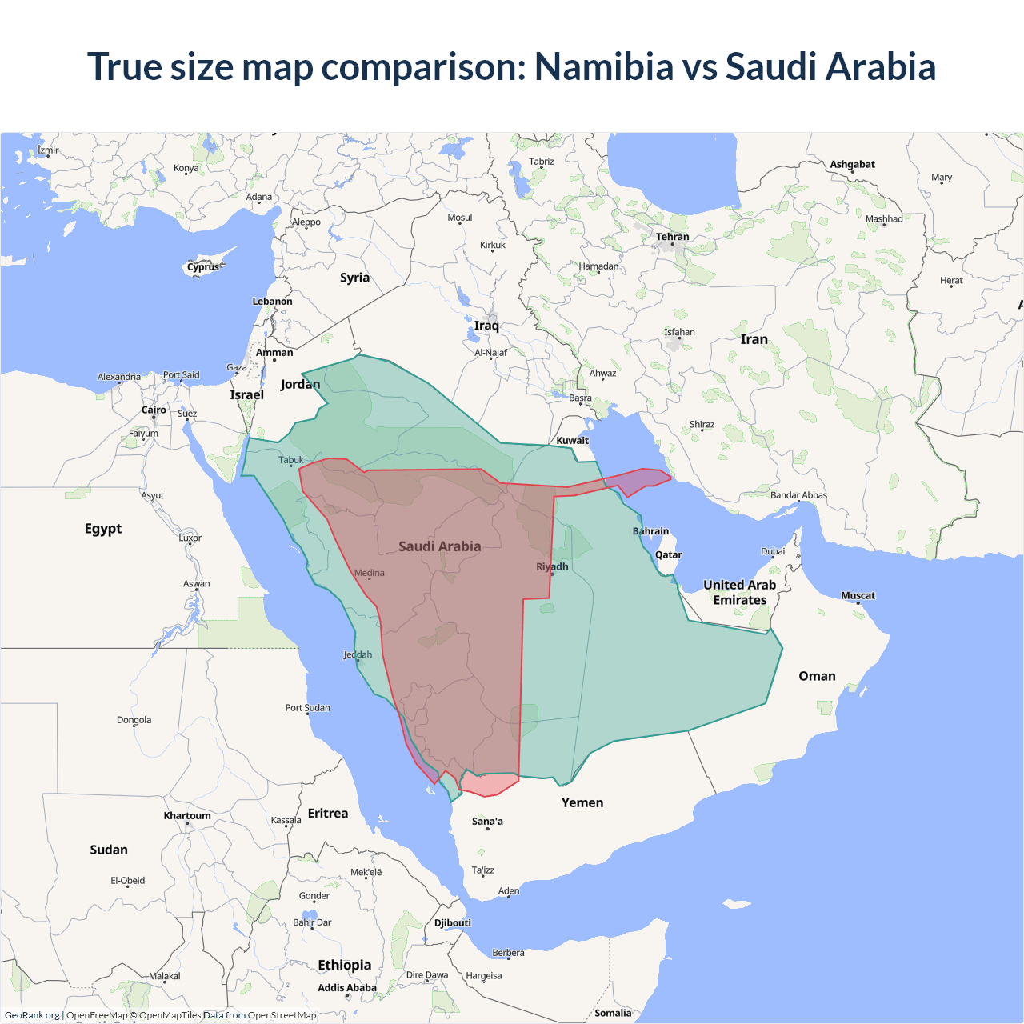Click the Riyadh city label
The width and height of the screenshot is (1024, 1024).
552,566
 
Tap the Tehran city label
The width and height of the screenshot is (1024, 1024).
672,237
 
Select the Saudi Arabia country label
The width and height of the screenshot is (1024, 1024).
440,546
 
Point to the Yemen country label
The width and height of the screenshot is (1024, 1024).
582,802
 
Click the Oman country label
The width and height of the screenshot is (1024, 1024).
817,676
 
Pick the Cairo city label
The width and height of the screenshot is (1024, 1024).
154,410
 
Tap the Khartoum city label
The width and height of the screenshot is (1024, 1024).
187,816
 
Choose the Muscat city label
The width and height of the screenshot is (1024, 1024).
858,595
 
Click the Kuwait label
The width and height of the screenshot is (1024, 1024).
572,440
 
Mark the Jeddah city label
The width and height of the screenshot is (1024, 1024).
358,654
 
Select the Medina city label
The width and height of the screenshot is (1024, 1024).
370,573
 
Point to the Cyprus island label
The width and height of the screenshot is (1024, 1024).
203,267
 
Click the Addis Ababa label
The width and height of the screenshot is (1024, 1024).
347,988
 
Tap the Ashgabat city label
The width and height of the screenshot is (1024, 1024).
852,164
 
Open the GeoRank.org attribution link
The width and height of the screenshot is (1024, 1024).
32,1015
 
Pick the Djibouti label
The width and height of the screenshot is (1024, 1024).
453,922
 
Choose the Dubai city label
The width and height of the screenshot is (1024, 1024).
773,551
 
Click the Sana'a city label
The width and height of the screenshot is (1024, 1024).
487,821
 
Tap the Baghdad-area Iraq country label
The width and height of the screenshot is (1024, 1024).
486,326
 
